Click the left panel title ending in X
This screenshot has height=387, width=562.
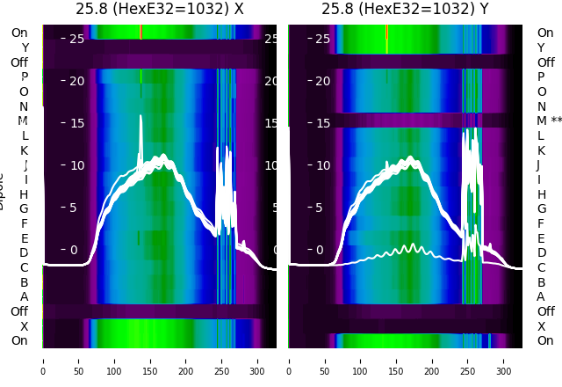click(160, 9)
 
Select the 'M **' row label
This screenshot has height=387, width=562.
click(550, 121)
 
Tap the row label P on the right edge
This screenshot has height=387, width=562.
click(541, 77)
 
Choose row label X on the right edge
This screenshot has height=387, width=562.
click(541, 326)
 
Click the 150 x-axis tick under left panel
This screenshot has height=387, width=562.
click(150, 361)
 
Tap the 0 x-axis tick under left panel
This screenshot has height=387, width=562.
click(43, 361)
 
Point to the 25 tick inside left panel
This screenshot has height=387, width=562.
click(76, 39)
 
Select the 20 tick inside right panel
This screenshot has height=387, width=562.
click(322, 81)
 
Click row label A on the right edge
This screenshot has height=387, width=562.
click(541, 296)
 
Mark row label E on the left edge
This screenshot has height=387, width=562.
click(25, 238)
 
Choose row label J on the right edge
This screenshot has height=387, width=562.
click(538, 165)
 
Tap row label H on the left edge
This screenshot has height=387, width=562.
click(25, 194)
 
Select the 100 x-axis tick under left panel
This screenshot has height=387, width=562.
click(114, 361)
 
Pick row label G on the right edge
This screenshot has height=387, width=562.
click(541, 209)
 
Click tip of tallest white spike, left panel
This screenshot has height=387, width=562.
click(140, 115)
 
